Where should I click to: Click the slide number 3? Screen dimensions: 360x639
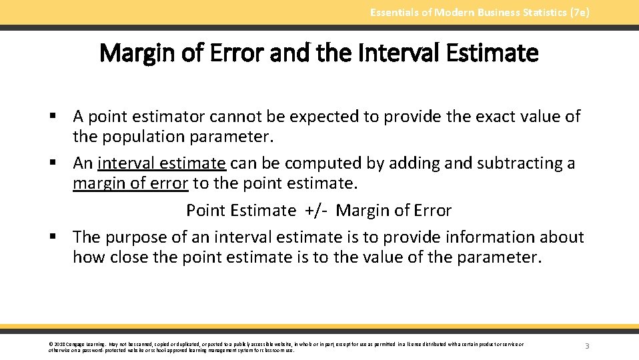tap(587, 346)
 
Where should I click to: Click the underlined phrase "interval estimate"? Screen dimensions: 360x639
tap(161, 163)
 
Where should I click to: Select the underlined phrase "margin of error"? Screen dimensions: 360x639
tap(131, 183)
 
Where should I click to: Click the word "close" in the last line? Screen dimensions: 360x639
tap(128, 257)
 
